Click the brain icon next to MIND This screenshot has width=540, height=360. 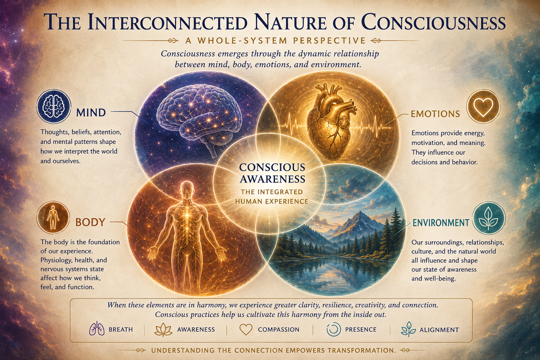point(53,106)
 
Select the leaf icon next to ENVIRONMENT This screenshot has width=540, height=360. point(488,218)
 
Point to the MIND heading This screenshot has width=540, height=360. point(91,112)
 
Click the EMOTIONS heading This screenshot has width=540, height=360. point(435,114)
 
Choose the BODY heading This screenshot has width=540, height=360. point(90,222)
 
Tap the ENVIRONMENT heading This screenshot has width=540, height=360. point(441,223)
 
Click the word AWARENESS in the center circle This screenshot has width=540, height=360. point(273,179)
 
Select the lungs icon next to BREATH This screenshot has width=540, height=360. point(97,328)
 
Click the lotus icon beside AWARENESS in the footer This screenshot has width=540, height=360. point(163,329)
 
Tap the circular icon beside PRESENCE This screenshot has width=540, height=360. point(334,329)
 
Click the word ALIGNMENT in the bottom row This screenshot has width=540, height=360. point(439,330)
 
